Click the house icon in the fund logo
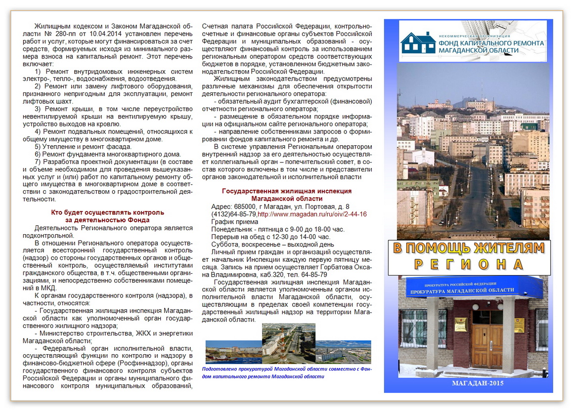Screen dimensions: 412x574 418,42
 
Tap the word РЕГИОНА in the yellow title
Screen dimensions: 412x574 468,264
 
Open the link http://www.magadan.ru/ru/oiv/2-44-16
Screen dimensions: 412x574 312,214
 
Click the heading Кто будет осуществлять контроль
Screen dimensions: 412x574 108,212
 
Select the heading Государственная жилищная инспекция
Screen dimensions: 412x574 287,191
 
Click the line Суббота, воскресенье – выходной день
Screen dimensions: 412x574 272,244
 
